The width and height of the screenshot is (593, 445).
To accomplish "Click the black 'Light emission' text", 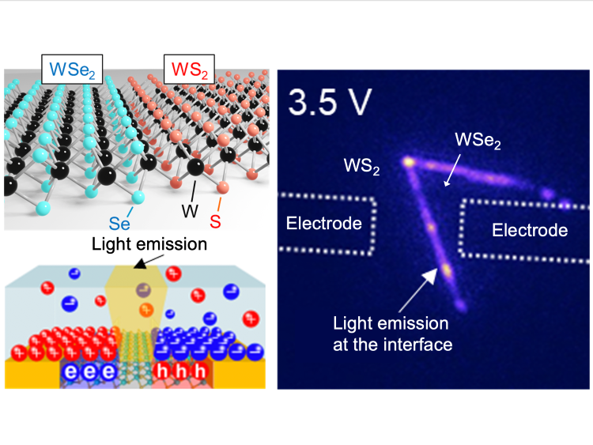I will pos(149,244).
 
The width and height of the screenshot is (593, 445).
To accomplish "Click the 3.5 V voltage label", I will pos(332,100).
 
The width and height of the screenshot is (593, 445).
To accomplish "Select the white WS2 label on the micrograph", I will pos(364,168).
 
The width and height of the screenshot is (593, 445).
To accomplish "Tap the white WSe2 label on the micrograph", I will pos(481,143).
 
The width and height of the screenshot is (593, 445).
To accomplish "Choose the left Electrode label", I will pos(324,224).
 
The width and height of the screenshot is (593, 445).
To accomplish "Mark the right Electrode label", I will pos(529,230).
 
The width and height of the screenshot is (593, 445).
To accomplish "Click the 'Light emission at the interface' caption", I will pos(391,334).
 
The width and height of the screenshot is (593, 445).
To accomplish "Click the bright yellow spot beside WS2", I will pos(409,161).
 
